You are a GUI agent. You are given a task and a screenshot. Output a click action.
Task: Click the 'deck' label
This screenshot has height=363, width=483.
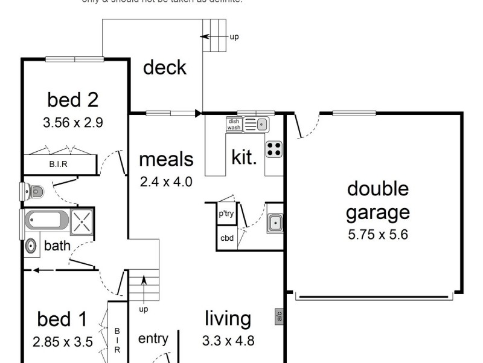coord(164,68)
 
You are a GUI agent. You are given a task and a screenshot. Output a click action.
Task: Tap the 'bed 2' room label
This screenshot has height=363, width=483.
coord(73,99)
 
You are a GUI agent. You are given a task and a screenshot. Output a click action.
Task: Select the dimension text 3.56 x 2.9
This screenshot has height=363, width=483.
coord(73,122)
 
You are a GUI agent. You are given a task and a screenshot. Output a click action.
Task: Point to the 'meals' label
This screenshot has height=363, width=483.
coord(166,159)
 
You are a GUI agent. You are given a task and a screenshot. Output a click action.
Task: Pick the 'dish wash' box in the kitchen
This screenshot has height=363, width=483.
coord(234,124)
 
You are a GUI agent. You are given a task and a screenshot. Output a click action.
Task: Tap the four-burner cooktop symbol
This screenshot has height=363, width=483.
coord(273,148)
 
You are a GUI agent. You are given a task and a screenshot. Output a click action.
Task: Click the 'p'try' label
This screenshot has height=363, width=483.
coord(226,214)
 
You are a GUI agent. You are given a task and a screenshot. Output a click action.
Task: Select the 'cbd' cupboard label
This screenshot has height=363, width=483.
coord(226,238)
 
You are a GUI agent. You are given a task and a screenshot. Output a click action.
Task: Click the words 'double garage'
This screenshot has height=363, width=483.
coord(378,200)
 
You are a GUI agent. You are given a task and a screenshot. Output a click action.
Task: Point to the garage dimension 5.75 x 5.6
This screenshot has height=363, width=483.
coord(378,235)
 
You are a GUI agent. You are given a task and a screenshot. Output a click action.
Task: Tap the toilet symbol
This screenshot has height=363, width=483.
coord(33,192)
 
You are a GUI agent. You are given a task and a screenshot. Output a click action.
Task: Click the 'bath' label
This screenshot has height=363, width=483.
coord(57,246)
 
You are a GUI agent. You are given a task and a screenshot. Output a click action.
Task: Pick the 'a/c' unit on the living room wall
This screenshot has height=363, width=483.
coord(279,316)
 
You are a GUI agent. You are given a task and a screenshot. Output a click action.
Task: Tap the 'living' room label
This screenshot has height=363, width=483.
coord(228,318)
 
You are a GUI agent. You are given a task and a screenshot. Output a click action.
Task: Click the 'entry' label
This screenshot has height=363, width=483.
coord(153,338)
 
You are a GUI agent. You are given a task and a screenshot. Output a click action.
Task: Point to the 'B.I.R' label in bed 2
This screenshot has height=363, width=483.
coord(59,164)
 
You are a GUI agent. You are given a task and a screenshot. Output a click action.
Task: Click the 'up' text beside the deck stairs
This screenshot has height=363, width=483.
coord(234,37)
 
